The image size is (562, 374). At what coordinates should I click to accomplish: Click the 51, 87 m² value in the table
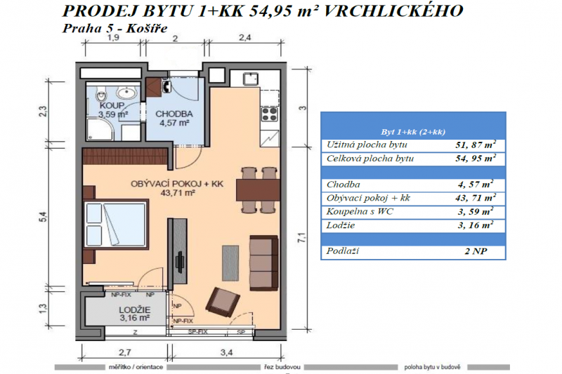click(x=471, y=145)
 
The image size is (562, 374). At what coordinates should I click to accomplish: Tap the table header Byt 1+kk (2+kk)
click(x=413, y=131)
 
